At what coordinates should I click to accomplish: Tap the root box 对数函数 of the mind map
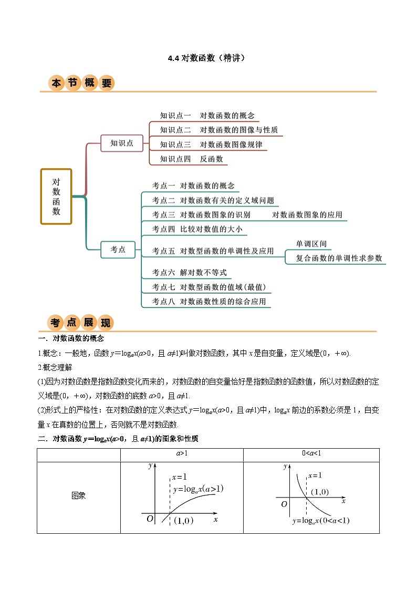coord(56,196)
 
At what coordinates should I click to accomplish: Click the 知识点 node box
coord(122,143)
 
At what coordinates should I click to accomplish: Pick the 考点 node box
coord(118,250)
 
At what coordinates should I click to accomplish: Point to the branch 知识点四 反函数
coord(192,159)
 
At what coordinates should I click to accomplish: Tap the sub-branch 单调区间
coord(311,244)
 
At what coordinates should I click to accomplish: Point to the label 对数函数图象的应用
coord(307,214)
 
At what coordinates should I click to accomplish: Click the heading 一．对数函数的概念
coord(71,338)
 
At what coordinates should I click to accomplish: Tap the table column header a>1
coord(182,452)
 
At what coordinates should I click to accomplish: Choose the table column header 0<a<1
coord(311,452)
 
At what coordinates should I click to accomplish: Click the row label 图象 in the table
coord(79,495)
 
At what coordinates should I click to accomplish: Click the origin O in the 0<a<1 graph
coord(284,504)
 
